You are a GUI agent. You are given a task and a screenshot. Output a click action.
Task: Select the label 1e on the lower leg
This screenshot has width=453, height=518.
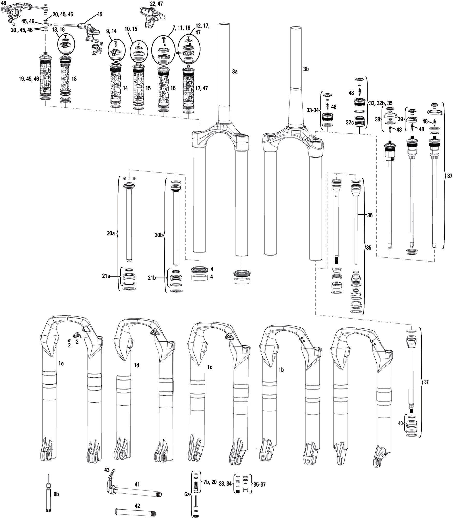click(x=61, y=363)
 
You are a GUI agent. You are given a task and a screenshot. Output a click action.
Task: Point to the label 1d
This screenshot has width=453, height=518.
click(x=136, y=365)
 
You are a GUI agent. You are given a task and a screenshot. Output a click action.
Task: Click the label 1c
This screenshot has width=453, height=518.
click(x=210, y=367)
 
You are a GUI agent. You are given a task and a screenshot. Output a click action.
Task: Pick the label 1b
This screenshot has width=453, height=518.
click(x=281, y=370)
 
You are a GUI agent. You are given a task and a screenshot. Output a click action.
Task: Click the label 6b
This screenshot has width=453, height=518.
click(x=57, y=494)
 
